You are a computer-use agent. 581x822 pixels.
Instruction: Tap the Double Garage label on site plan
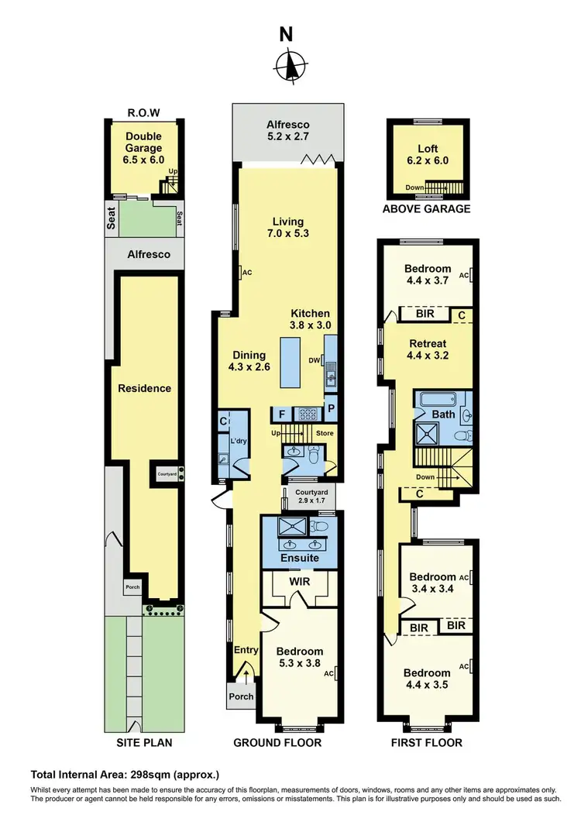tap(143, 148)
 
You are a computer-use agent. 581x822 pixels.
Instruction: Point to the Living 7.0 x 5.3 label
tap(287, 228)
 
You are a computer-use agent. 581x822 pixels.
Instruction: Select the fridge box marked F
tap(280, 414)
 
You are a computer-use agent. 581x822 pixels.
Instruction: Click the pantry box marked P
tap(331, 408)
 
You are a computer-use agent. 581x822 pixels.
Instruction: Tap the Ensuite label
tap(299, 558)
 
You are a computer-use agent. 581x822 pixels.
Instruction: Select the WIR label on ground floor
tap(300, 580)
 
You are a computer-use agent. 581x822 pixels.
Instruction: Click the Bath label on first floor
tap(443, 414)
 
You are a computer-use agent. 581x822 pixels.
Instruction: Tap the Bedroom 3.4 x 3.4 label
tap(432, 583)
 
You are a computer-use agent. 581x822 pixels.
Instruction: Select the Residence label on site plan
tap(145, 388)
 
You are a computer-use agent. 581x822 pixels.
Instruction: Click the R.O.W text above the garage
tap(143, 112)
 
